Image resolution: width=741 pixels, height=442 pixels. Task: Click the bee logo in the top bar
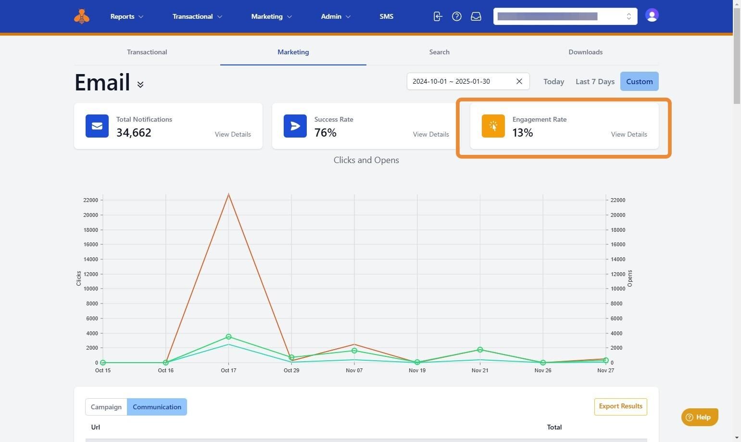click(x=82, y=16)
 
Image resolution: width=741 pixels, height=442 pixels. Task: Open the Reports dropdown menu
click(x=126, y=16)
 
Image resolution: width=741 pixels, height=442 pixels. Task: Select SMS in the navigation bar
click(x=386, y=16)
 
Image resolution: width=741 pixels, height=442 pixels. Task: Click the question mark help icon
click(x=457, y=16)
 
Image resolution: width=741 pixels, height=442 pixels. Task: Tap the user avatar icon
click(x=652, y=15)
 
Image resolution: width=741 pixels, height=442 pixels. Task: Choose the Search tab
click(x=439, y=52)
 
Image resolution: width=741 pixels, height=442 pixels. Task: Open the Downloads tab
click(x=585, y=52)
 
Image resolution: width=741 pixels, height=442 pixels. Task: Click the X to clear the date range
click(x=519, y=81)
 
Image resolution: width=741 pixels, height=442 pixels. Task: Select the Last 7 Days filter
click(x=595, y=82)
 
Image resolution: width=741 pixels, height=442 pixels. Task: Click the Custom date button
click(x=639, y=82)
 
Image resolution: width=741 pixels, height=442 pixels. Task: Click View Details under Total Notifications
click(x=233, y=134)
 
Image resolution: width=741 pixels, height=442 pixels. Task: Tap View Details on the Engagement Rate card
click(x=628, y=134)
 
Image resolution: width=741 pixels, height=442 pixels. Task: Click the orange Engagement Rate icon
click(x=493, y=126)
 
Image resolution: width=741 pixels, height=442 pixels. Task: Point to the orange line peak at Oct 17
click(x=228, y=194)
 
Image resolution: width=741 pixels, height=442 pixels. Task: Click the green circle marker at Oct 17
click(x=228, y=337)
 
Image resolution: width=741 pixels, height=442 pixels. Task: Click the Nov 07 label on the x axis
click(x=354, y=370)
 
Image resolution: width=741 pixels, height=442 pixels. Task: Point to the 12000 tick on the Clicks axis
click(x=90, y=274)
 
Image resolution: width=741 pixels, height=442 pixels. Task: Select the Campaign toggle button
click(x=106, y=407)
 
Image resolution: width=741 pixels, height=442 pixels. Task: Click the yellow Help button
click(x=699, y=417)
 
